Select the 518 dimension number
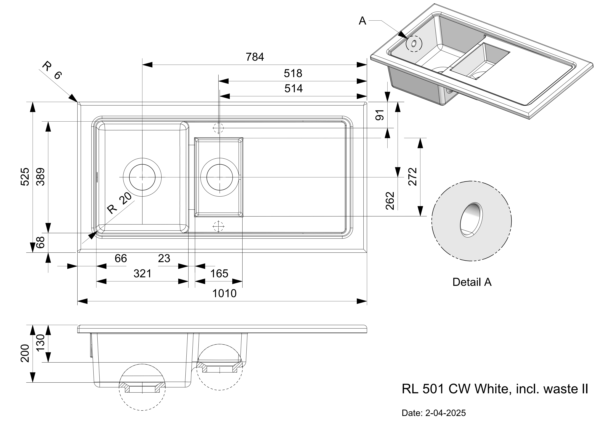click(293, 74)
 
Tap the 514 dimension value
click(293, 89)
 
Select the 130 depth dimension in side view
click(41, 343)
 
